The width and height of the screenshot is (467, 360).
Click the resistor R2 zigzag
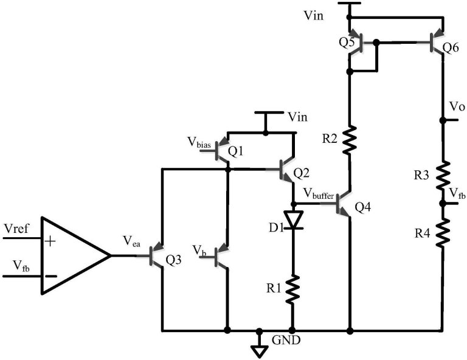(350, 139)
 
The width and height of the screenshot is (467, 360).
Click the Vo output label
(456, 107)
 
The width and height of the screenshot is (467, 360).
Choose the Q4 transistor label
(362, 208)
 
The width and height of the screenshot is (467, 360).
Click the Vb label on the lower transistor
(199, 250)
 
